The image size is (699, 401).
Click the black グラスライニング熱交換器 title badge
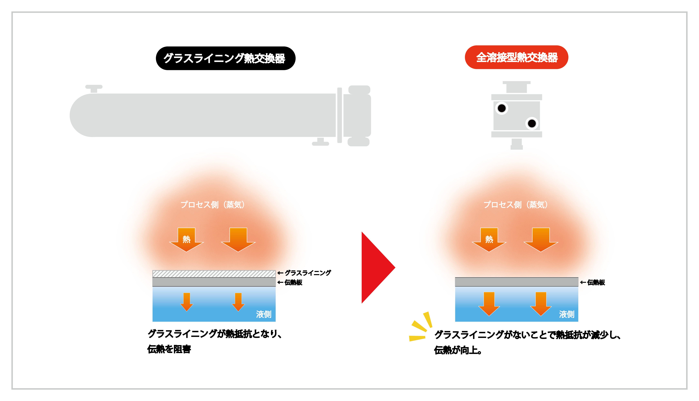[x=226, y=58]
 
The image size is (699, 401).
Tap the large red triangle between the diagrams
[x=378, y=267]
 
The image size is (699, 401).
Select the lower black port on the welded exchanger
[x=532, y=123]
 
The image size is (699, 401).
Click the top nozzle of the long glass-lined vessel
[x=94, y=89]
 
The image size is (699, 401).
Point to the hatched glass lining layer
[x=214, y=274]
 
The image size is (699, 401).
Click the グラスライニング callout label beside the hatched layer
[x=308, y=273]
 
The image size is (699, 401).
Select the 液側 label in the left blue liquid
[x=264, y=314]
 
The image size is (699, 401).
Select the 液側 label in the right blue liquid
[x=566, y=314]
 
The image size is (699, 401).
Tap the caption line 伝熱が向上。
[x=458, y=350]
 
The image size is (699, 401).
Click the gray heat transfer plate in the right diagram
[x=517, y=282]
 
